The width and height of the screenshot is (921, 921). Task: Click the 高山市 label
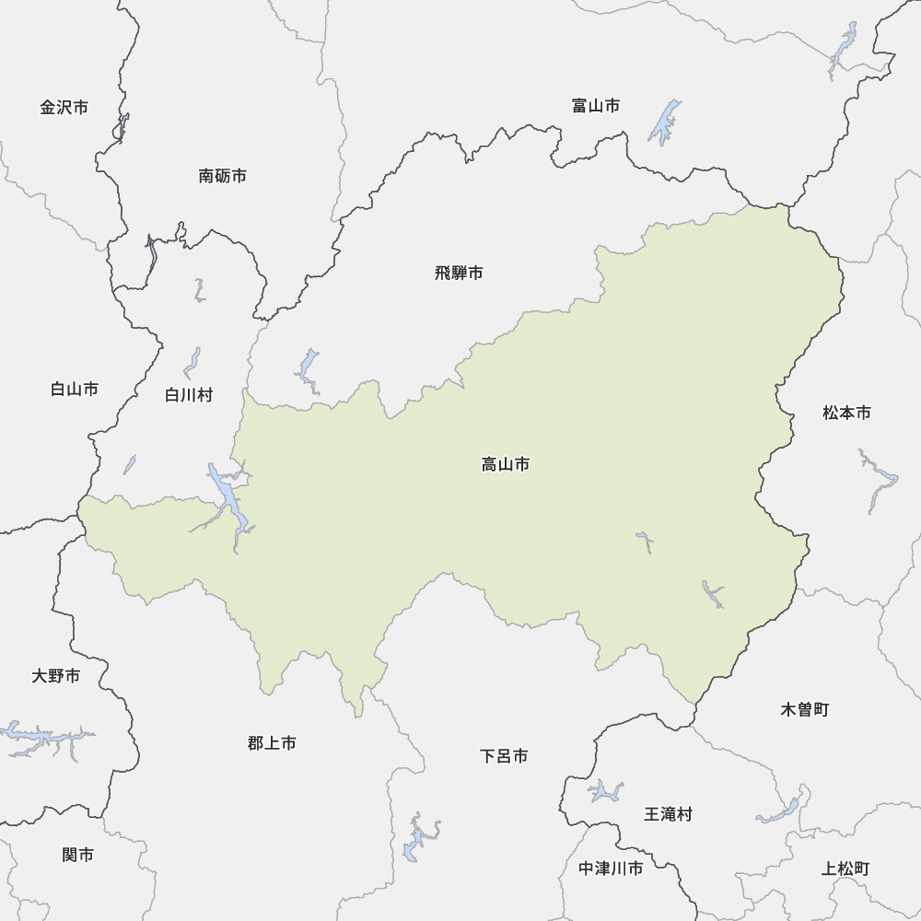pyautogui.click(x=506, y=465)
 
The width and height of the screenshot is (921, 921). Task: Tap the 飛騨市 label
pyautogui.click(x=459, y=273)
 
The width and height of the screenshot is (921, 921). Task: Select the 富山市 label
pyautogui.click(x=595, y=106)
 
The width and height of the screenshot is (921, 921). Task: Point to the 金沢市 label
pyautogui.click(x=64, y=108)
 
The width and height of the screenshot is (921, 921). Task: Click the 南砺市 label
pyautogui.click(x=222, y=175)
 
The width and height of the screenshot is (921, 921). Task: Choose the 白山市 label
pyautogui.click(x=75, y=390)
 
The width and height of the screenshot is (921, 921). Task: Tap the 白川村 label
pyautogui.click(x=189, y=395)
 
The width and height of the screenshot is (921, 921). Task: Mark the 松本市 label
pyautogui.click(x=846, y=414)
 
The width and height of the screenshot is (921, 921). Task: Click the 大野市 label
pyautogui.click(x=56, y=677)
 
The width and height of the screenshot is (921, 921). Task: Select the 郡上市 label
pyautogui.click(x=272, y=743)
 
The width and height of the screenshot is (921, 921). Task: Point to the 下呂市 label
pyautogui.click(x=504, y=756)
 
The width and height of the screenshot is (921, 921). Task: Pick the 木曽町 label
pyautogui.click(x=805, y=710)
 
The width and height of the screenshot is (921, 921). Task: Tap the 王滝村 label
pyautogui.click(x=668, y=814)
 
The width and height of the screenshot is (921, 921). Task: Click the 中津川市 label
pyautogui.click(x=611, y=869)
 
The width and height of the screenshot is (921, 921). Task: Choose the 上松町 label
pyautogui.click(x=845, y=869)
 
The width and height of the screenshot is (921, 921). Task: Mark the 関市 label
pyautogui.click(x=78, y=856)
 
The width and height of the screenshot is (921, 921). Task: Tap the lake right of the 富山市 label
pyautogui.click(x=664, y=122)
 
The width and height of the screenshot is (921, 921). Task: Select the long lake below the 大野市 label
pyautogui.click(x=46, y=738)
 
